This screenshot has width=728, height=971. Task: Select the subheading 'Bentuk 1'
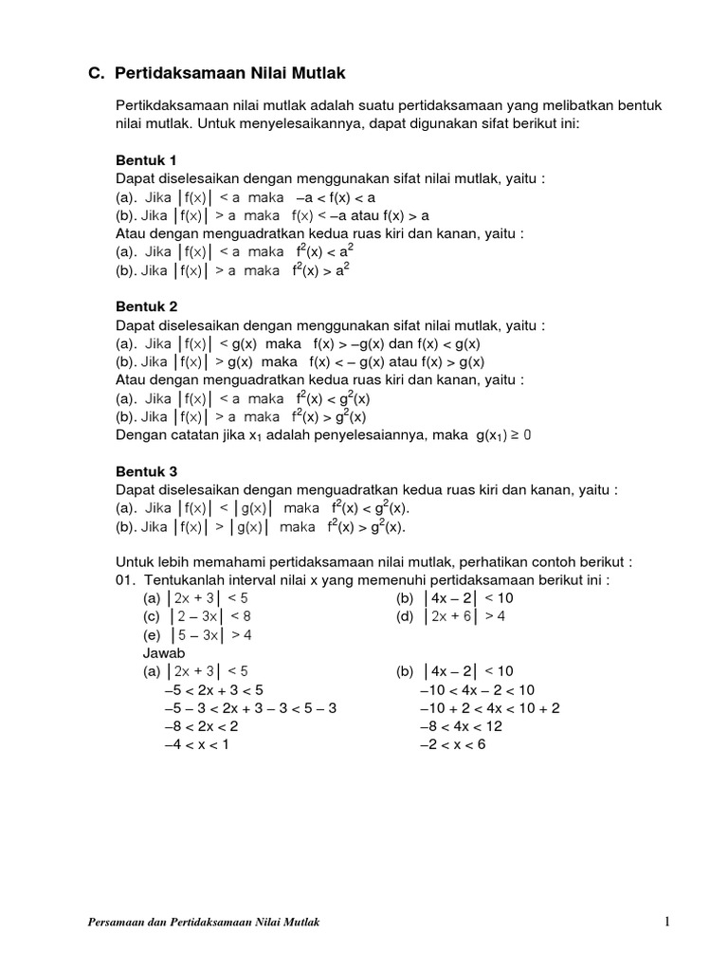pos(146,159)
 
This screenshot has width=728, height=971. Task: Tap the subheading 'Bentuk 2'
pos(146,307)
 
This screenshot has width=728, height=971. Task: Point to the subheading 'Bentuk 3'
pos(146,471)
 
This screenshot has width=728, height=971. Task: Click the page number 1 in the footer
pos(667,922)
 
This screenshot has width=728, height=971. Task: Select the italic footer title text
pos(197,923)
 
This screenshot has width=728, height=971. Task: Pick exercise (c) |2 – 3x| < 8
pos(197,616)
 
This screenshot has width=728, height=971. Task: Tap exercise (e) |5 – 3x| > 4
pos(197,635)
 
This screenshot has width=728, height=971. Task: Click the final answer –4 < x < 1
pos(196,744)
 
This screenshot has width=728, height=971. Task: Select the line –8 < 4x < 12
pos(461,726)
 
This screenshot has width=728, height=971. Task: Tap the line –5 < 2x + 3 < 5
pos(213,689)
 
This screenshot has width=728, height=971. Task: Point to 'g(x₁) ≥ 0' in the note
pos(511,435)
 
